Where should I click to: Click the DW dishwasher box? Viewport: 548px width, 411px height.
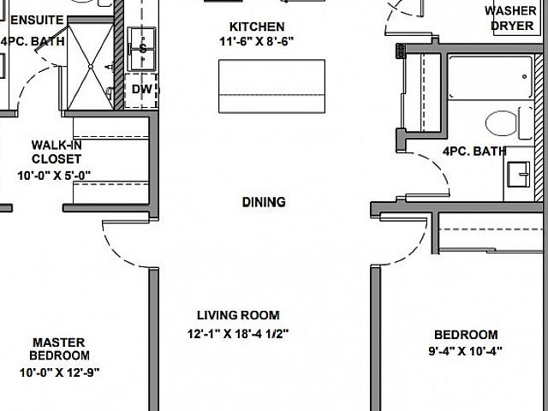140,89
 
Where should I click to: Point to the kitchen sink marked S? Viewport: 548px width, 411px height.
141,49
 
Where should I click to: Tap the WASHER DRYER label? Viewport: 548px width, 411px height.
512,18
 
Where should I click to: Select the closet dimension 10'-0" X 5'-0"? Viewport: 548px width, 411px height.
54,175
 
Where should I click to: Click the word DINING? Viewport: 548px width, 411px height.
263,203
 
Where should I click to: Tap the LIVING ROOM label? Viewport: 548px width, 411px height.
237,315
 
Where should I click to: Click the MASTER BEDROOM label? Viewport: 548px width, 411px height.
59,348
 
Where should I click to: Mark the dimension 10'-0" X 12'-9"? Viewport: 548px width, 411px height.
59,372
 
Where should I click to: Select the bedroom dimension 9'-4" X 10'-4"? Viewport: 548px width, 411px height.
465,350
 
